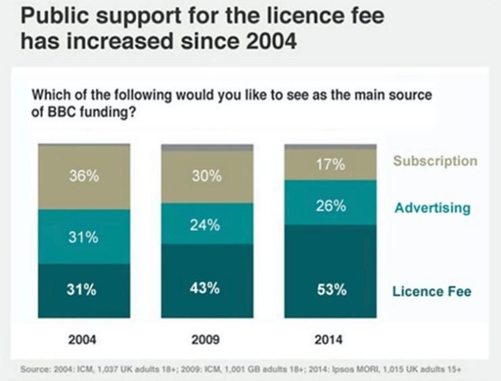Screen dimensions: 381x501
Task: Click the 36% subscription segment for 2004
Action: tap(84, 177)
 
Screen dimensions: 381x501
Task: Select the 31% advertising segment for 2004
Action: tap(84, 236)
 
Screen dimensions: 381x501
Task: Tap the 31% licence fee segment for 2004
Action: tap(84, 290)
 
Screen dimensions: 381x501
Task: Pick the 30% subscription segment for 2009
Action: tap(206, 177)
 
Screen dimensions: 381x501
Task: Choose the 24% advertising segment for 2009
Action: tap(206, 224)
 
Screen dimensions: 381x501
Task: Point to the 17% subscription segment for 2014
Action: tap(330, 164)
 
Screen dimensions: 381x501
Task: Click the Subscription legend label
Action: tap(435, 161)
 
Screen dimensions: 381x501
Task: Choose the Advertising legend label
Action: tap(432, 207)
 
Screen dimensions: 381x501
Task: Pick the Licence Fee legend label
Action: tap(431, 292)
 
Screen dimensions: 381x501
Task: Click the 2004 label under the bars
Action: tap(82, 339)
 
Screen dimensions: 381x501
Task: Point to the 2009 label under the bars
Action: tap(205, 339)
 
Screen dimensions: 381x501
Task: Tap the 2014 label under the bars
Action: tap(329, 339)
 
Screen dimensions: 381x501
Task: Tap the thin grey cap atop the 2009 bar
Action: tap(206, 147)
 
